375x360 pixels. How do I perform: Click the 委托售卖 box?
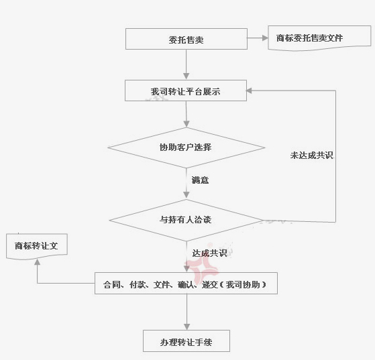186,39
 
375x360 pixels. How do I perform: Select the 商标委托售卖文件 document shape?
319,38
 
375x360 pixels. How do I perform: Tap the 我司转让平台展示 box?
186,91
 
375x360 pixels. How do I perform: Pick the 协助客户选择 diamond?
186,147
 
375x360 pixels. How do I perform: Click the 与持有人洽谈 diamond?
186,220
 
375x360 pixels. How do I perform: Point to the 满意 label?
200,180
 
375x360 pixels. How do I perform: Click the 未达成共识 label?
312,156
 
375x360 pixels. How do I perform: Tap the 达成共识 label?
209,253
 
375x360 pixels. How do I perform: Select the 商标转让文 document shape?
37,247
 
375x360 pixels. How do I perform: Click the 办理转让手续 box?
186,341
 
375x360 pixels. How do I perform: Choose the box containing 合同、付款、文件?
186,284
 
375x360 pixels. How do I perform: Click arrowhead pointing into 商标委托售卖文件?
265,38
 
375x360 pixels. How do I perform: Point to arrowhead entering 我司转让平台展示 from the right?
249,91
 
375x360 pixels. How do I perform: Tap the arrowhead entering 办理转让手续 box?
186,327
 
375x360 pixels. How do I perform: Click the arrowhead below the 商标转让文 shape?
37,262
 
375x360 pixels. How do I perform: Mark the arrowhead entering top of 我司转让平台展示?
186,76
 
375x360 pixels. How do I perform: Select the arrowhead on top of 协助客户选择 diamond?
186,124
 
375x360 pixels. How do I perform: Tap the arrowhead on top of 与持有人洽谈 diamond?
186,195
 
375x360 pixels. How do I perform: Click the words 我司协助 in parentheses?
243,284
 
